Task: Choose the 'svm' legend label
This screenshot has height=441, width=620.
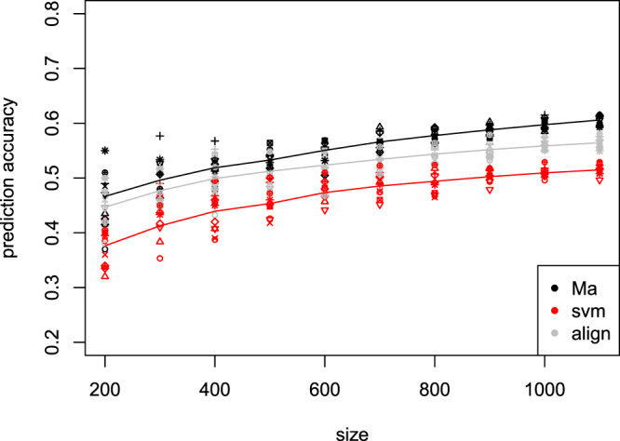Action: tap(582, 311)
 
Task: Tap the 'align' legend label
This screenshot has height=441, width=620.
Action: tap(585, 334)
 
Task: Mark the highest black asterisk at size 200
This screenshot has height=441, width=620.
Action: tap(105, 151)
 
